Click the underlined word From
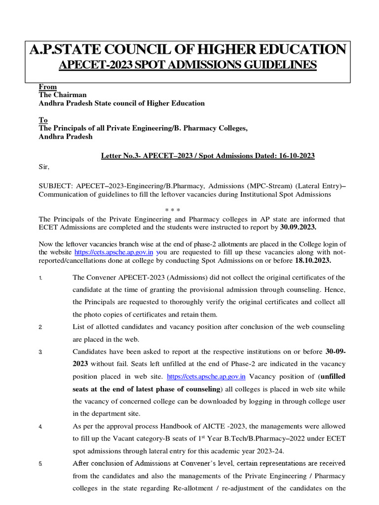coord(48,87)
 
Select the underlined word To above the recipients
coord(43,120)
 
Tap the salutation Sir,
coord(44,167)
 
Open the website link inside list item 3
coord(206,376)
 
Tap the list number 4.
coord(40,426)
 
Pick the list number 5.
coord(40,464)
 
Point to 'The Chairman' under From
coord(63,95)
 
